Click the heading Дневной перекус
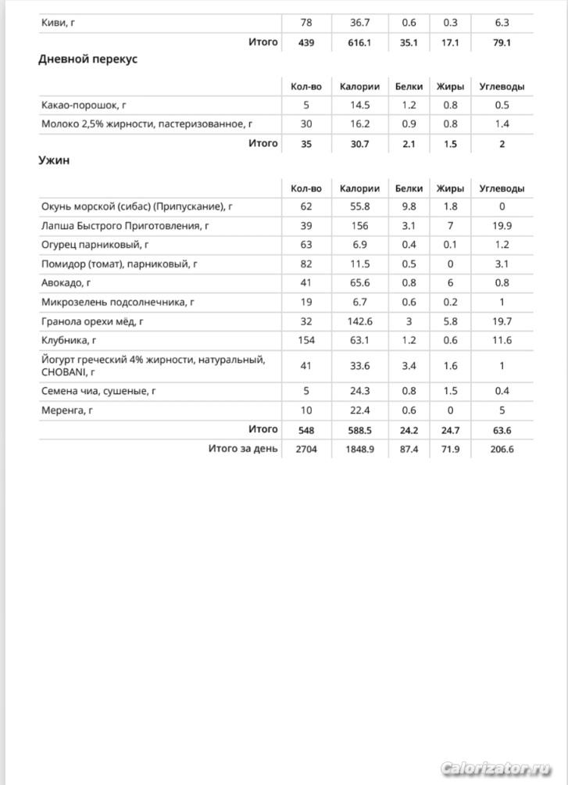[x=88, y=59]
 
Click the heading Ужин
[x=54, y=160]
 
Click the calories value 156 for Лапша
[x=360, y=226]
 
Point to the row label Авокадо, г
[x=66, y=283]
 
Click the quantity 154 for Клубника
[x=305, y=340]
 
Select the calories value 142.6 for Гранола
[x=360, y=321]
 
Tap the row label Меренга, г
[x=67, y=410]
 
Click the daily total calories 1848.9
[x=360, y=450]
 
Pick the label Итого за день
[x=242, y=449]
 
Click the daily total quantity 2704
[x=305, y=450]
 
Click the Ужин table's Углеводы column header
[x=502, y=188]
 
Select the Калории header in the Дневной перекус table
[x=360, y=86]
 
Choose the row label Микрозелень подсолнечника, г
[x=118, y=302]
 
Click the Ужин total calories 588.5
[x=360, y=430]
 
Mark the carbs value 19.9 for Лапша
[x=502, y=226]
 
